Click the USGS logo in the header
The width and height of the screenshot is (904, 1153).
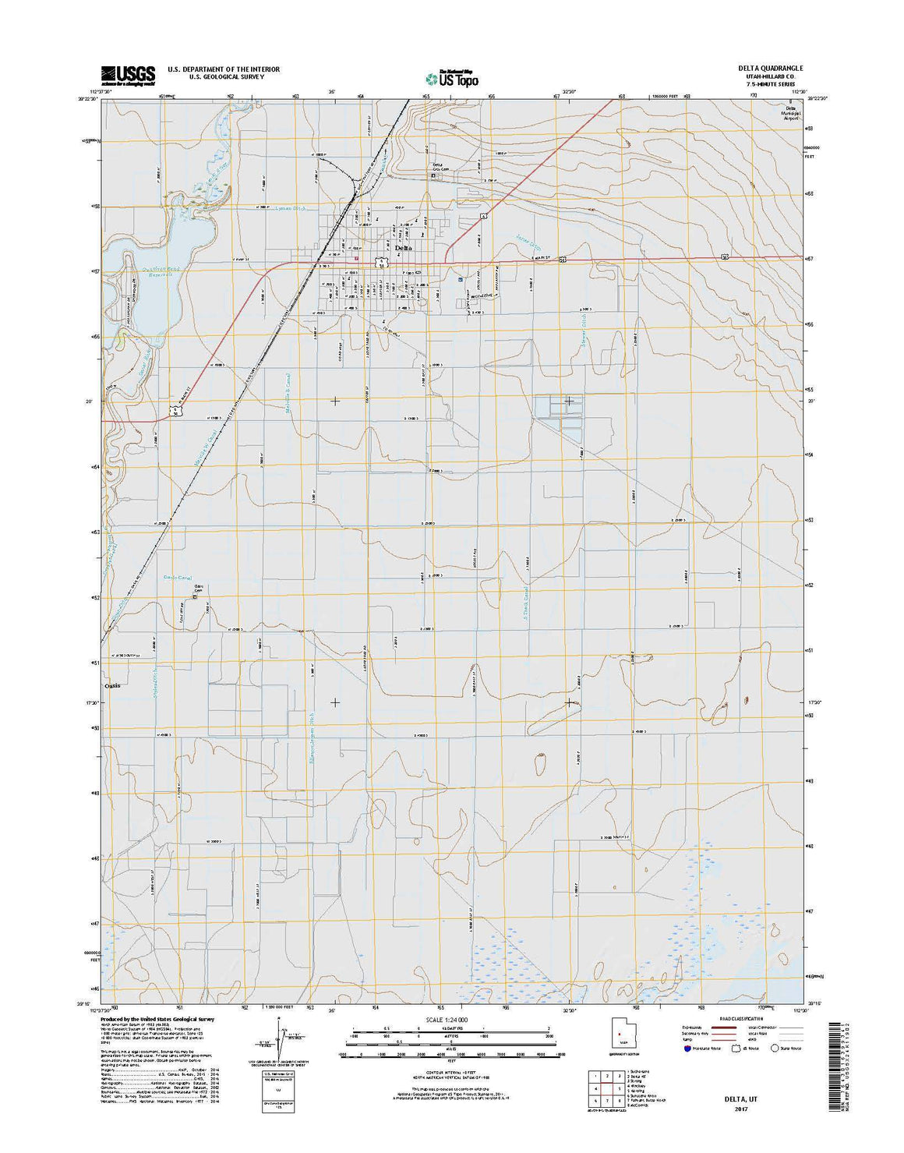[x=128, y=74]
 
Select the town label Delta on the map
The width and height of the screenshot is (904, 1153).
[x=404, y=248]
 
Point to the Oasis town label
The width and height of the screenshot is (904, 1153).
[x=112, y=685]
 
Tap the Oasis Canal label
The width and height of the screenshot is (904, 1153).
[x=177, y=578]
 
